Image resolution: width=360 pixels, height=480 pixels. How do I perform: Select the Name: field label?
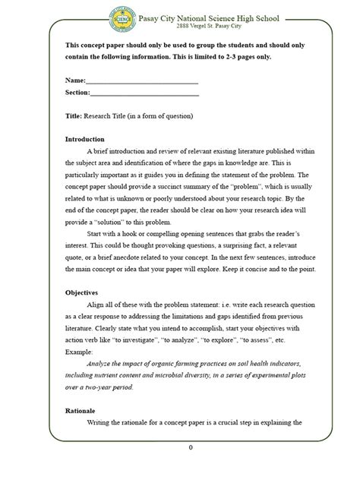tap(76, 79)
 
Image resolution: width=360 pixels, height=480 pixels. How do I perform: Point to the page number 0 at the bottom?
tap(191, 447)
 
